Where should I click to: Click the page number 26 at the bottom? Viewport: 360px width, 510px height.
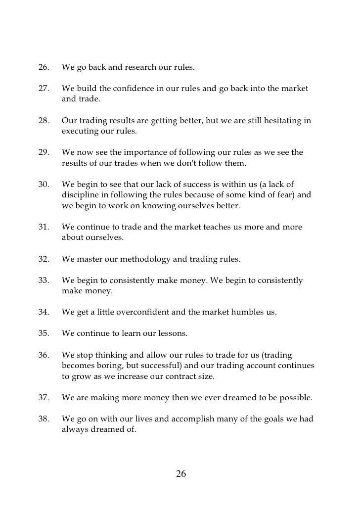coord(181,474)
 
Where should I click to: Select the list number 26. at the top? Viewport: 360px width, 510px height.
coord(45,67)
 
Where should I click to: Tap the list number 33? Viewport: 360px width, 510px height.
coord(45,280)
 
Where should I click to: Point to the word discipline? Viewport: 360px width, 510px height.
coord(81,195)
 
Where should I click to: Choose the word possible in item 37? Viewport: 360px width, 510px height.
coord(294,398)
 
